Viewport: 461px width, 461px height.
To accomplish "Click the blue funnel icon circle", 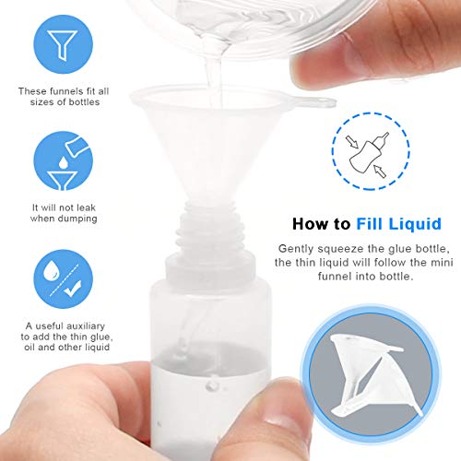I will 62,46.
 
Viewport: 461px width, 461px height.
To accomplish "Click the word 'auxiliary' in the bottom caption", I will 89,325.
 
